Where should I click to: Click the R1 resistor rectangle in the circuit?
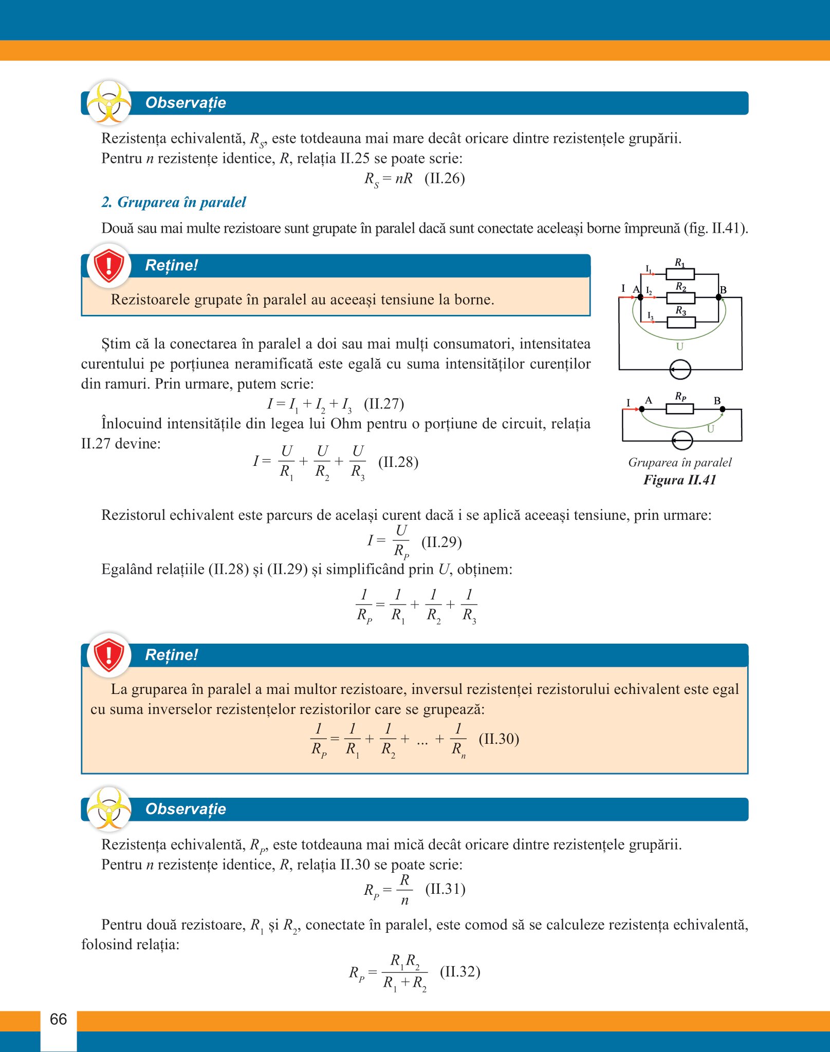680,274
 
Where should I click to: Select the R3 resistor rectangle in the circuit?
681,323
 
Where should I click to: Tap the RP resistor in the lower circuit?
679,409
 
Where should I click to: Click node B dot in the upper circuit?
718,297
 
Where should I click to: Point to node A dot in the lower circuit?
641,409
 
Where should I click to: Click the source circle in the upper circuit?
680,369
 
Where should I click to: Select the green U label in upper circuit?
679,347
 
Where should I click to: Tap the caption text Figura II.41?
679,480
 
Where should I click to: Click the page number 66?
59,1019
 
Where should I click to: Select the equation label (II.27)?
384,404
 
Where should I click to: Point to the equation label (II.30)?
499,739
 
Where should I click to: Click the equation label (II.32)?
460,972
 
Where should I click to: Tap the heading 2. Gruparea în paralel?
174,202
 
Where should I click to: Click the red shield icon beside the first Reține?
109,266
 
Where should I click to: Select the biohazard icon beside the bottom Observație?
109,809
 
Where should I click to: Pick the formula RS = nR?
388,179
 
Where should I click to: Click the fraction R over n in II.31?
404,890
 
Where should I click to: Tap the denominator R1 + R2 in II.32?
404,983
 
